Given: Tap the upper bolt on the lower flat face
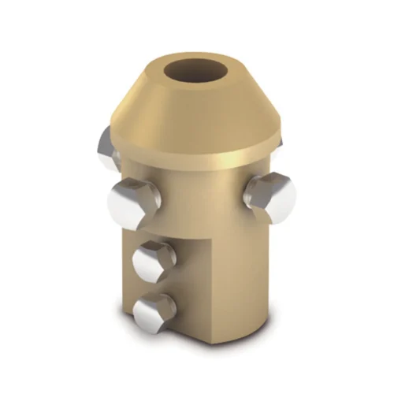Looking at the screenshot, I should click(154, 262).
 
